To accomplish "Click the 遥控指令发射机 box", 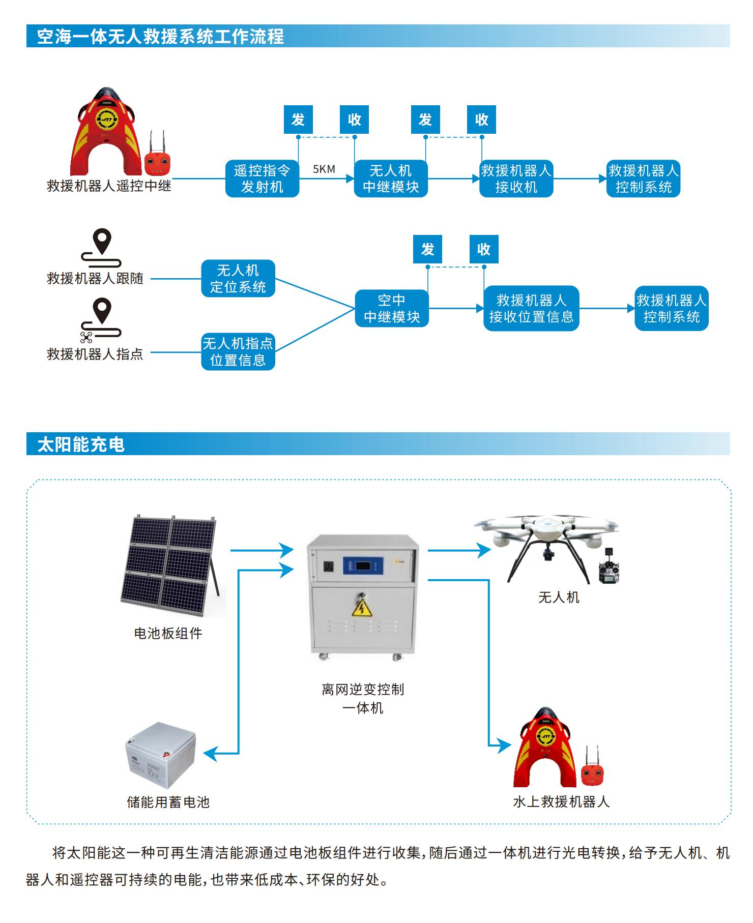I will click(262, 178).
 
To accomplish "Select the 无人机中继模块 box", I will click(391, 178).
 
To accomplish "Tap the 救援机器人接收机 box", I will click(516, 178).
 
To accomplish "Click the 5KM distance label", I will click(324, 169).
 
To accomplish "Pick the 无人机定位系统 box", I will click(238, 279).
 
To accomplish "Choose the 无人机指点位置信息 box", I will click(238, 352).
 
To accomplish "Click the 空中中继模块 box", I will click(392, 308).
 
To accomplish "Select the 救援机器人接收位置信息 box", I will click(531, 308).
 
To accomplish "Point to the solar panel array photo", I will click(169, 565).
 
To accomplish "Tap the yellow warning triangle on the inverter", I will click(362, 608).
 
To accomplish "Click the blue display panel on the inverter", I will click(363, 565).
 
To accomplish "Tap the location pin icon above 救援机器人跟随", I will click(102, 241).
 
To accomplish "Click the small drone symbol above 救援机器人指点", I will click(86, 337).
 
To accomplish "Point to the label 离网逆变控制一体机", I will click(363, 698).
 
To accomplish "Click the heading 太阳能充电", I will click(81, 444).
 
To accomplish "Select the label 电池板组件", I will click(168, 633).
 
